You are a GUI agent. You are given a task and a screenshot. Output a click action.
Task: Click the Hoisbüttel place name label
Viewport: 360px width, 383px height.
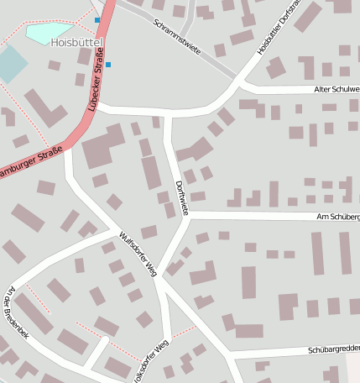point(76,41)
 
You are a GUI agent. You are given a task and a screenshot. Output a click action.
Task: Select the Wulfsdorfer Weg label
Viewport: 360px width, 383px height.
point(138,254)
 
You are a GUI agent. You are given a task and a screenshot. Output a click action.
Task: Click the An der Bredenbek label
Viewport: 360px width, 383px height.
point(17,312)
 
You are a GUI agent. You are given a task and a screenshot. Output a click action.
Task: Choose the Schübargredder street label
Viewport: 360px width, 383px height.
point(333,349)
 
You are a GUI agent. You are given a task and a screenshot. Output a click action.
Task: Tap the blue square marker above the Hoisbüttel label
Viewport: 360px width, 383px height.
point(97,19)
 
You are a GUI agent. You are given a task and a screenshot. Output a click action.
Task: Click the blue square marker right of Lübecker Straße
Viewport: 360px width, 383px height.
point(108,64)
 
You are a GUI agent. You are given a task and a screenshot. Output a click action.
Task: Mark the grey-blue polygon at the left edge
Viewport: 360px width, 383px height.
point(9,64)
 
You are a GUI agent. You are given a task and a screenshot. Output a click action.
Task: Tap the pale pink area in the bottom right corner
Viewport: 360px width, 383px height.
point(353,368)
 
